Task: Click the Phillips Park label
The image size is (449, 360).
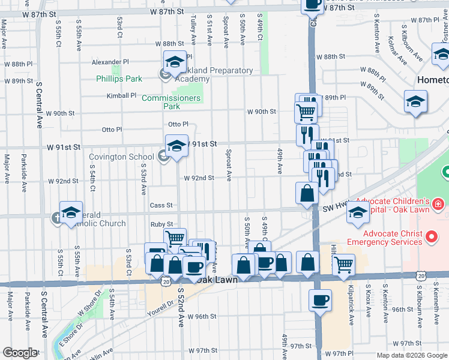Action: [x=119, y=79]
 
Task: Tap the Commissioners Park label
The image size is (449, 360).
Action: [x=171, y=102]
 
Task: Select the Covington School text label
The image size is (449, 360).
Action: [x=121, y=157]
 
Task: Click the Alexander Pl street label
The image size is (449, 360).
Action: [x=110, y=62]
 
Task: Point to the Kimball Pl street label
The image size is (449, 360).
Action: [x=122, y=95]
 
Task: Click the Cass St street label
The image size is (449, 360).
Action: [x=161, y=205]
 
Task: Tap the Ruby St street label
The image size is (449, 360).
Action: [x=161, y=224]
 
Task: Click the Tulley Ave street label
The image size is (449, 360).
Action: [x=193, y=31]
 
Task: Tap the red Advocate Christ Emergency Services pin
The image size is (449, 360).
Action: [x=430, y=238]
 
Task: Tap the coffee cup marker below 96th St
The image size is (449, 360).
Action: [x=320, y=299]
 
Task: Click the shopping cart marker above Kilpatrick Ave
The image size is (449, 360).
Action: [x=343, y=264]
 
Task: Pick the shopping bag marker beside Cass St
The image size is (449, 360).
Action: [x=307, y=193]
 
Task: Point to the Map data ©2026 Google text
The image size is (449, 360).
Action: [x=411, y=355]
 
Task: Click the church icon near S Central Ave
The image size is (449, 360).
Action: [x=57, y=218]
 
